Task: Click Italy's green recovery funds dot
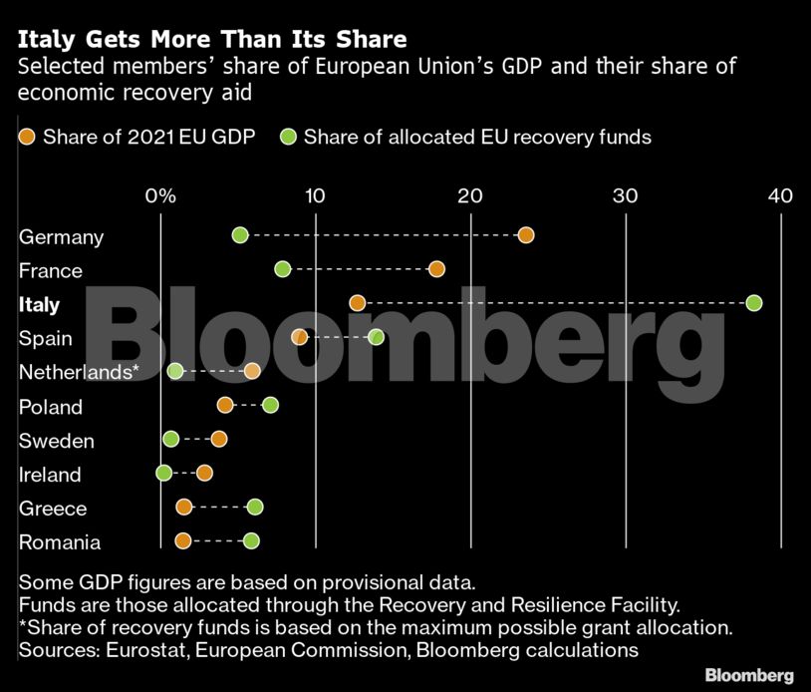(753, 303)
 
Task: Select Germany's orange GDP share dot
(526, 235)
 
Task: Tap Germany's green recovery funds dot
(240, 235)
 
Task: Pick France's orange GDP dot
(436, 269)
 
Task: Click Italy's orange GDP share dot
(358, 303)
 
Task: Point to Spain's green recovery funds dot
(376, 337)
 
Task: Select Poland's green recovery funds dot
(270, 405)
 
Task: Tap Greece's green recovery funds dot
(255, 507)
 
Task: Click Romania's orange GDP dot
(182, 540)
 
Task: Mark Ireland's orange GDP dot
(204, 473)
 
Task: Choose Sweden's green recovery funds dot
(170, 439)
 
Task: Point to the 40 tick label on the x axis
(780, 195)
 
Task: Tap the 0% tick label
(160, 195)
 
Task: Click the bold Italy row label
(40, 305)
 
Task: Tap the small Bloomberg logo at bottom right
(749, 675)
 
